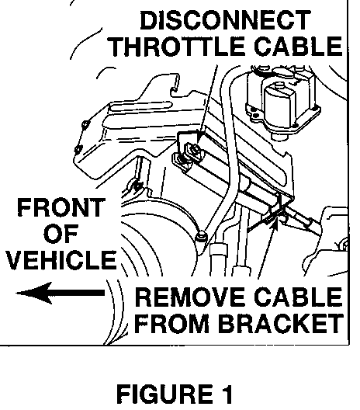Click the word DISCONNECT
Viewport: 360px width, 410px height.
point(225,20)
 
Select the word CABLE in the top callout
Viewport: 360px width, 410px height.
point(298,46)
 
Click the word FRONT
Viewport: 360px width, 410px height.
point(61,207)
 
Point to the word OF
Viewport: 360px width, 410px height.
point(61,233)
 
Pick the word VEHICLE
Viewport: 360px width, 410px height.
point(61,259)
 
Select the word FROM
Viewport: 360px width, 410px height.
point(171,323)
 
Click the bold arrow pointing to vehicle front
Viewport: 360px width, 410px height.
point(61,293)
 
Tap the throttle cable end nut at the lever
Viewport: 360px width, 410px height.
point(195,151)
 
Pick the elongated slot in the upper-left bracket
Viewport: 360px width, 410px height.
point(141,106)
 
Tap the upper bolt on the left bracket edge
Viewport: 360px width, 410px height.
point(85,123)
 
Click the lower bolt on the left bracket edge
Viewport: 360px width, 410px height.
point(78,149)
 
